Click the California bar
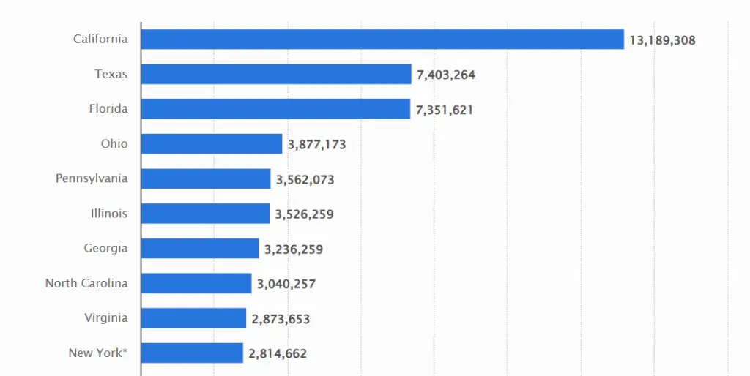coord(382,40)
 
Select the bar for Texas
coord(275,74)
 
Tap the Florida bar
coord(275,109)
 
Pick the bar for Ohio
coord(211,144)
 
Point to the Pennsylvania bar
coord(205,178)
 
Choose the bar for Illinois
coord(204,214)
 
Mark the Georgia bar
coord(199,249)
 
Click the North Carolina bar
coord(196,283)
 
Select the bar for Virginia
coord(193,318)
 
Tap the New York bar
coord(191,353)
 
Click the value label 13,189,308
coord(662,40)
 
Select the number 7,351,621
coord(445,110)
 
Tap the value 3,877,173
coord(316,145)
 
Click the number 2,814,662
coord(278,354)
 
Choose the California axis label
coord(100,40)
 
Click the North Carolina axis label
coord(86,283)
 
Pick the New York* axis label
coord(98,353)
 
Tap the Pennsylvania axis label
coord(92,178)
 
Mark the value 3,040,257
coord(286,284)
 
